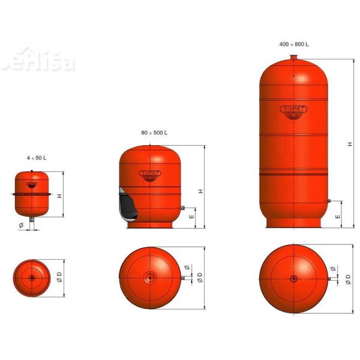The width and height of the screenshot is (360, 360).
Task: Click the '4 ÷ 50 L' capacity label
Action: coord(37,157)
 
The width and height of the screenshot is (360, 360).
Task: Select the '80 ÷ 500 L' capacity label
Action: coord(154,132)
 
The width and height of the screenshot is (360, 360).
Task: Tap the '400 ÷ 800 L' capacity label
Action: coord(294,44)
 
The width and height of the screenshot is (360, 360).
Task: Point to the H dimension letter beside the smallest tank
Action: coord(59,196)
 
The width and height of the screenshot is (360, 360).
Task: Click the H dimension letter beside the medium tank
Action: coord(200,191)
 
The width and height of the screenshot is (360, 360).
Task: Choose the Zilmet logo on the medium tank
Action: coord(149,173)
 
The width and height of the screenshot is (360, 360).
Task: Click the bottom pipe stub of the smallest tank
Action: coord(31,221)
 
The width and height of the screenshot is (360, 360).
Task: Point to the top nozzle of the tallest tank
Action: coord(293,58)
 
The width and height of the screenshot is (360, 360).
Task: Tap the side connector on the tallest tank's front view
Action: coord(329,201)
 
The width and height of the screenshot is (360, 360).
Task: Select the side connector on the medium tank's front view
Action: coord(181,208)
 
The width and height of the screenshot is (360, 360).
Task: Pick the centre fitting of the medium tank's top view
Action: coord(148,277)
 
